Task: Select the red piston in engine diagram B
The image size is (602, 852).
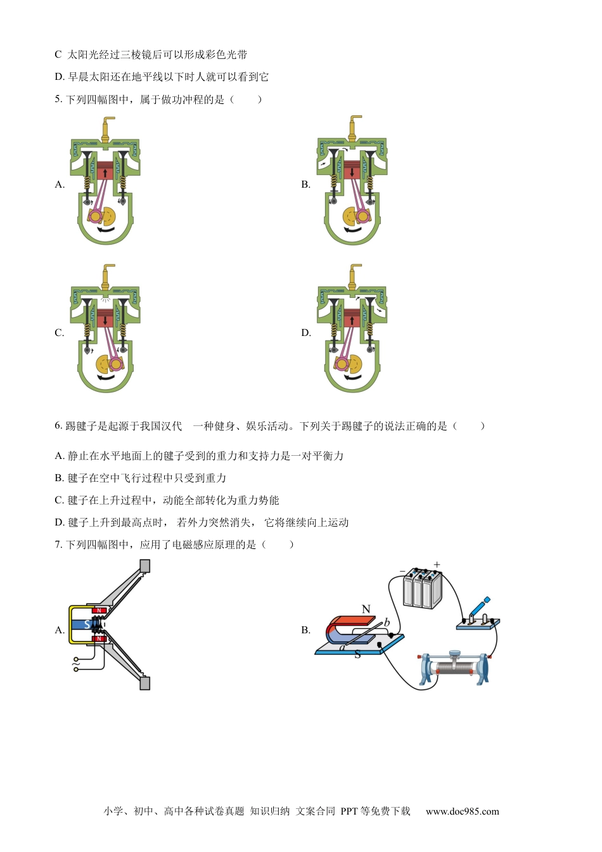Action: [352, 170]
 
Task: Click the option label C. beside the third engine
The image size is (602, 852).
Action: [60, 333]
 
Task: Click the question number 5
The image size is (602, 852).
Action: [58, 99]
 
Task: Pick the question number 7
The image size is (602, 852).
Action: [58, 545]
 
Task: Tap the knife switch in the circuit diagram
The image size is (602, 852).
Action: [478, 615]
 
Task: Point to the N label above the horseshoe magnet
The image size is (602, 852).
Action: [366, 609]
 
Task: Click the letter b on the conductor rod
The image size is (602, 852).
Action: [387, 623]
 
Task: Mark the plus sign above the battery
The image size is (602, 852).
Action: [437, 564]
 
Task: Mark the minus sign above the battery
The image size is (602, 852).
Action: [402, 571]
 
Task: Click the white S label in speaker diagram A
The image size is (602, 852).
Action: [87, 625]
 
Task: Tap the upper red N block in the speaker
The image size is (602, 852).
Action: [98, 610]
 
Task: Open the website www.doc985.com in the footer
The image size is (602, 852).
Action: [462, 811]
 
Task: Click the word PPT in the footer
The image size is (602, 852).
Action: [349, 811]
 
